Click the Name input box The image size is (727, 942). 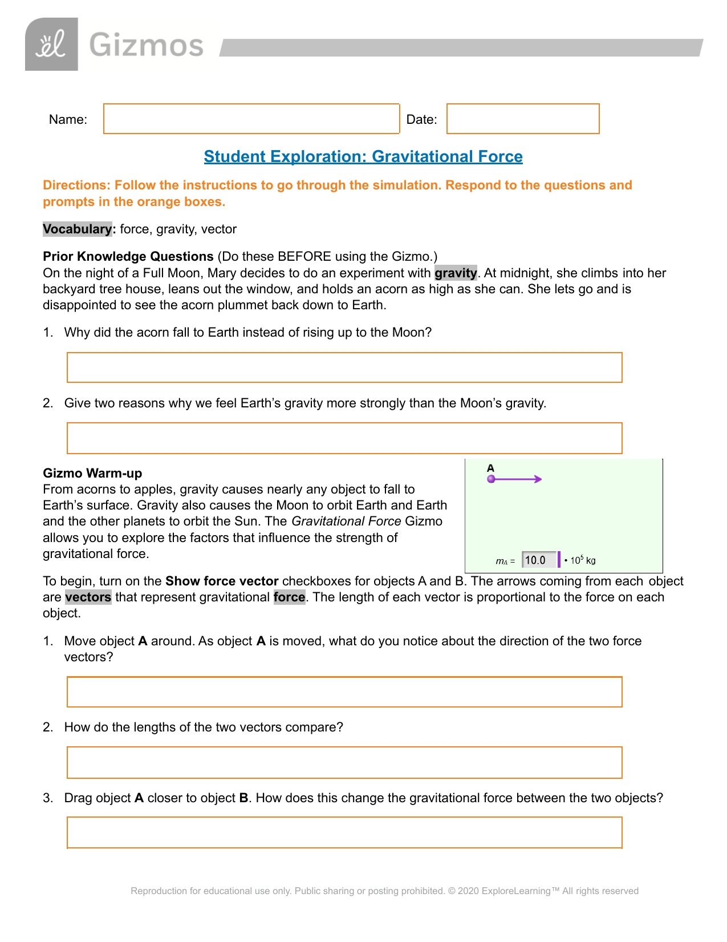pyautogui.click(x=251, y=119)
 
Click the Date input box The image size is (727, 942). pyautogui.click(x=523, y=119)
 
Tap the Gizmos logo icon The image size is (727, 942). pyautogui.click(x=51, y=45)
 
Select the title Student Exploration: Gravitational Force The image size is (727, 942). pyautogui.click(x=363, y=156)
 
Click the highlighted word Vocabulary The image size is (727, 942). pyautogui.click(x=78, y=229)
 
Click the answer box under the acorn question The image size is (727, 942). pyautogui.click(x=344, y=367)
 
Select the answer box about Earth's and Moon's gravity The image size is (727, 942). pyautogui.click(x=344, y=438)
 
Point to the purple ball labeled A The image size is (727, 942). pyautogui.click(x=491, y=479)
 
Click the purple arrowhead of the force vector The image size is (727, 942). pyautogui.click(x=538, y=479)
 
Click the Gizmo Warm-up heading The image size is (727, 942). pyautogui.click(x=92, y=473)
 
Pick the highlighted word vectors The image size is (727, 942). pyautogui.click(x=88, y=597)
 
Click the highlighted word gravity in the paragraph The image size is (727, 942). pyautogui.click(x=456, y=273)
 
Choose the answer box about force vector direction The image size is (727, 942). pyautogui.click(x=344, y=692)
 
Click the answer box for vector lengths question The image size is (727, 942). pyautogui.click(x=344, y=762)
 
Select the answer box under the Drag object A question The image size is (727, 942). pyautogui.click(x=344, y=832)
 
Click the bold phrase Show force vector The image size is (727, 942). pyautogui.click(x=222, y=581)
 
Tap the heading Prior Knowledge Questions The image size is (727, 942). pyautogui.click(x=128, y=256)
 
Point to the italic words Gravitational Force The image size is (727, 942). pyautogui.click(x=346, y=521)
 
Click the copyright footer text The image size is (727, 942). pyautogui.click(x=384, y=891)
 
